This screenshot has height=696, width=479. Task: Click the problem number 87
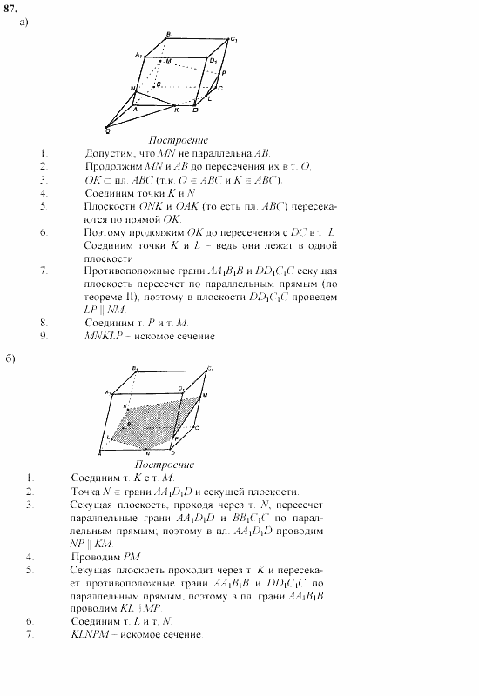9,8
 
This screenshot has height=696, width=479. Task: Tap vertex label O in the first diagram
106,130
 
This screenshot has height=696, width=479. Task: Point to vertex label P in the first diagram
224,75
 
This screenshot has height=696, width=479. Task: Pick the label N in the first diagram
132,89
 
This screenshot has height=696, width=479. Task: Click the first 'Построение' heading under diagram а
178,140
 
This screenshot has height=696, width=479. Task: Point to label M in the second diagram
206,396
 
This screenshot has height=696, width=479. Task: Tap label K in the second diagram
125,406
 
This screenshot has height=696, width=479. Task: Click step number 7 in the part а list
43,271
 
